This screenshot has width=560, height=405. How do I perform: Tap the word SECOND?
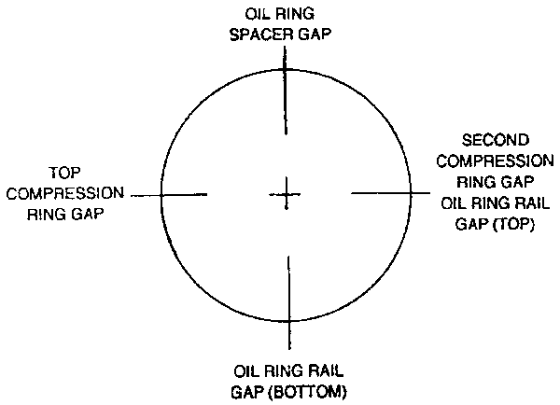[490, 139]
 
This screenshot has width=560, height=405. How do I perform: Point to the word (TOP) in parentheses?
[514, 224]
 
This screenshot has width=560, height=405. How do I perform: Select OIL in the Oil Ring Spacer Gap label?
[259, 16]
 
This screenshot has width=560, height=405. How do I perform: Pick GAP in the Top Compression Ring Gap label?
[85, 213]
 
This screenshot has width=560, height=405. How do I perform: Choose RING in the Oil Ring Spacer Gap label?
[299, 16]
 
